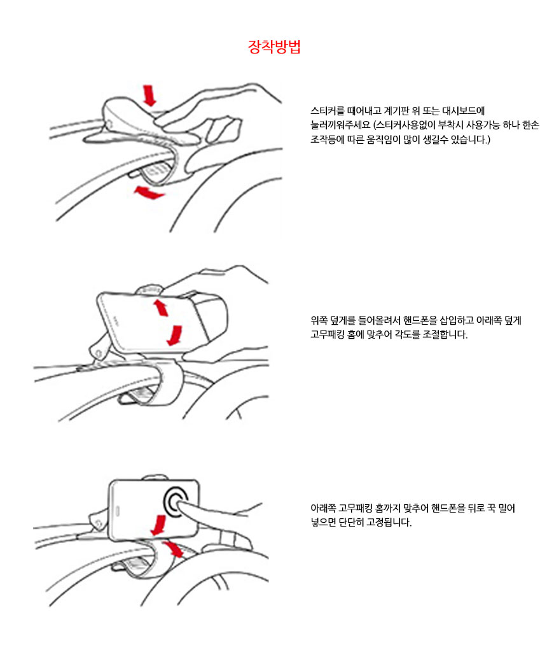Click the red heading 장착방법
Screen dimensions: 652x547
273,47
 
